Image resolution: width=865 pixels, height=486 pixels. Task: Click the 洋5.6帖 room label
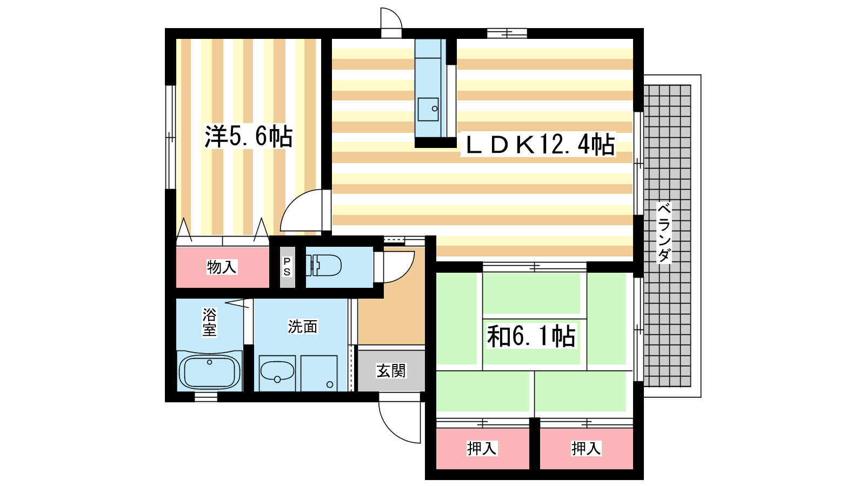coord(248,136)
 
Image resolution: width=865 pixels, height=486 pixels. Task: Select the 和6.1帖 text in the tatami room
coord(531,336)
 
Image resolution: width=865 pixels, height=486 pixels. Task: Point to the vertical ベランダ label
coord(664,233)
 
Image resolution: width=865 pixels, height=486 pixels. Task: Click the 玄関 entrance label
coord(391,370)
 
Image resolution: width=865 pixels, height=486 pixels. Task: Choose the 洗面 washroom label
coord(303,327)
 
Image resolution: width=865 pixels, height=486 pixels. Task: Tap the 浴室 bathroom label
coord(209,322)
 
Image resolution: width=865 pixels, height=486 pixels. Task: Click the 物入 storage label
coord(222,267)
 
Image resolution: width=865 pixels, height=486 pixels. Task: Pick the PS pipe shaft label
coord(287,267)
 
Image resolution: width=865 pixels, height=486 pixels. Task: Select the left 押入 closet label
coord(482,448)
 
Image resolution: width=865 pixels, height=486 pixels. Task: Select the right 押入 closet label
coord(586,448)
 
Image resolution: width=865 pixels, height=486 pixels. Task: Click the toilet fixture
coord(324,265)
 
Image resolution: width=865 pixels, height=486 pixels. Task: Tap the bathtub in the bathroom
coord(209,372)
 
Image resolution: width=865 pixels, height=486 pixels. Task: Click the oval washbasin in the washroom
coord(277,371)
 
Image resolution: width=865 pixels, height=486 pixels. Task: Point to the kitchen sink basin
coord(428,109)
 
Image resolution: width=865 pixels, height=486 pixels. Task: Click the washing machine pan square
coord(319,373)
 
